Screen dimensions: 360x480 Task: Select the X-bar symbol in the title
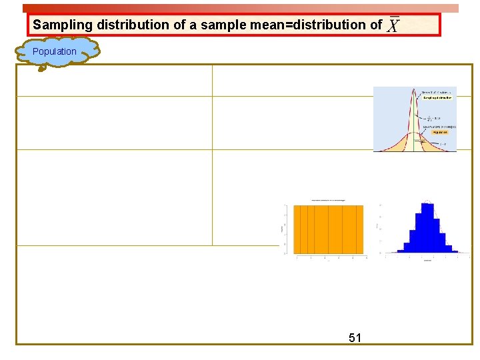[394, 25]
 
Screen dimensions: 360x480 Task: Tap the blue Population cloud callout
[55, 51]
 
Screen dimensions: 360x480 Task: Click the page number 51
[355, 338]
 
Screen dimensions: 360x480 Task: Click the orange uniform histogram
[329, 228]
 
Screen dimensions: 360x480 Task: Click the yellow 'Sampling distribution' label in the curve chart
[437, 97]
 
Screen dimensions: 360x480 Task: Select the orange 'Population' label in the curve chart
[439, 132]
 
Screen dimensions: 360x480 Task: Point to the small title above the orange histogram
[329, 201]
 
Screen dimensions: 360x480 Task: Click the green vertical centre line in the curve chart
[414, 127]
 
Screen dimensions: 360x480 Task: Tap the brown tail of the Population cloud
[41, 66]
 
